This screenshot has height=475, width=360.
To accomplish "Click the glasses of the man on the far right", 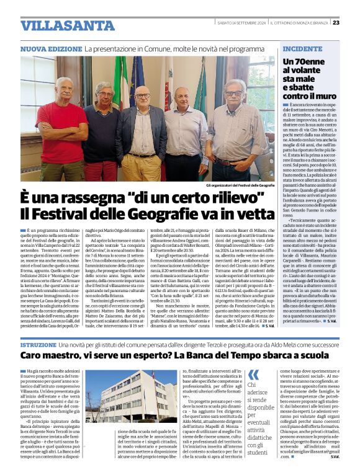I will (233, 94).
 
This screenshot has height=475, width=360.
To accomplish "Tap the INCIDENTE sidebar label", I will (302, 48).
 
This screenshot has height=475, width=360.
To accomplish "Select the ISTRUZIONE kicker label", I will (39, 344).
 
